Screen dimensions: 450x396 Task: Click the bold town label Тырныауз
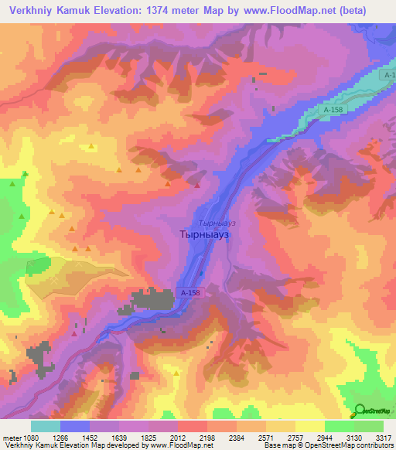tap(203, 233)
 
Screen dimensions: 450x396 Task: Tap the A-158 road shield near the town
tap(190, 293)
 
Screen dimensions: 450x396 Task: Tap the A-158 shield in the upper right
tap(333, 111)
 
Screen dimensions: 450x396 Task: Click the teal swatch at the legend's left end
tap(46, 426)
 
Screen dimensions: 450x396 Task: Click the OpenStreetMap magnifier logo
tap(360, 411)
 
